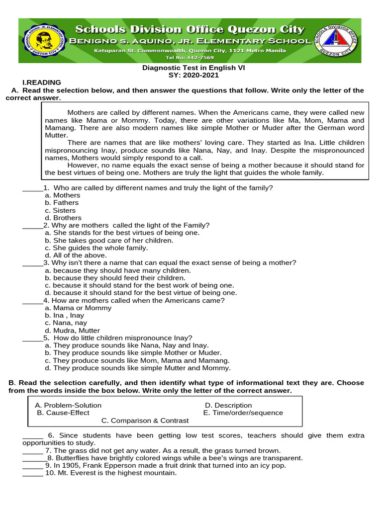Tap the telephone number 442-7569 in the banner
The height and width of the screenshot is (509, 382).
191,57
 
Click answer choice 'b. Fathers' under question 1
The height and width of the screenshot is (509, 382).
62,203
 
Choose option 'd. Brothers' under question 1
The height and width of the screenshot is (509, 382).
63,218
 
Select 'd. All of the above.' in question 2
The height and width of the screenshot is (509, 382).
76,255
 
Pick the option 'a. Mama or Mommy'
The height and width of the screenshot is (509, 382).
78,308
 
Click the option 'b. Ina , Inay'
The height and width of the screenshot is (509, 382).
65,316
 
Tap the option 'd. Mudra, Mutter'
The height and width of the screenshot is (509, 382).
72,331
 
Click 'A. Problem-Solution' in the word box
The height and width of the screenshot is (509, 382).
68,405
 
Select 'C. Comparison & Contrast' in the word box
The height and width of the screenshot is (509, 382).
145,421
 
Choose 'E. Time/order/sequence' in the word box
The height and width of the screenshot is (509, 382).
243,413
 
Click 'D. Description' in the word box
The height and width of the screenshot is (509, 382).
228,405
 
